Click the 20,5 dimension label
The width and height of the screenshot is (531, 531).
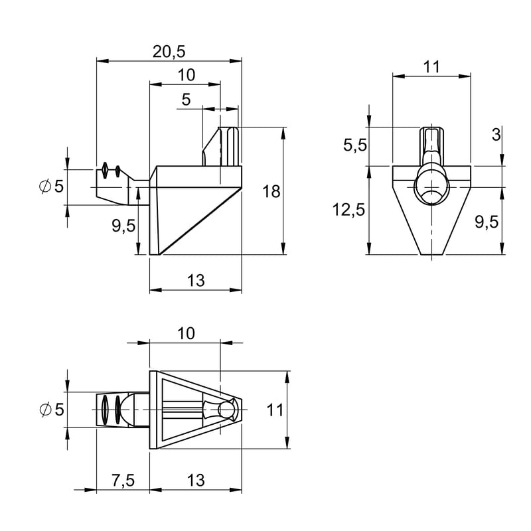pyautogui.click(x=169, y=52)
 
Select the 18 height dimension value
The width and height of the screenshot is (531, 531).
pyautogui.click(x=271, y=192)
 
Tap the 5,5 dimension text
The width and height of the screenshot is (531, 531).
pyautogui.click(x=355, y=145)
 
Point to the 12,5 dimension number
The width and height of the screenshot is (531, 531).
pyautogui.click(x=349, y=210)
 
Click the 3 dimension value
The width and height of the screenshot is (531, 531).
pyautogui.click(x=496, y=135)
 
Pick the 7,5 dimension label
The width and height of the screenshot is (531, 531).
pyautogui.click(x=123, y=481)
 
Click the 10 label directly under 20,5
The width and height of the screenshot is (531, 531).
pyautogui.click(x=187, y=75)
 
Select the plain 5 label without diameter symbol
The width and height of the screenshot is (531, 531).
pyautogui.click(x=187, y=99)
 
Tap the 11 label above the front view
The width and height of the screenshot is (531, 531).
pyautogui.click(x=431, y=67)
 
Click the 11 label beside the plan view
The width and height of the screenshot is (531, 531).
pyautogui.click(x=275, y=410)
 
